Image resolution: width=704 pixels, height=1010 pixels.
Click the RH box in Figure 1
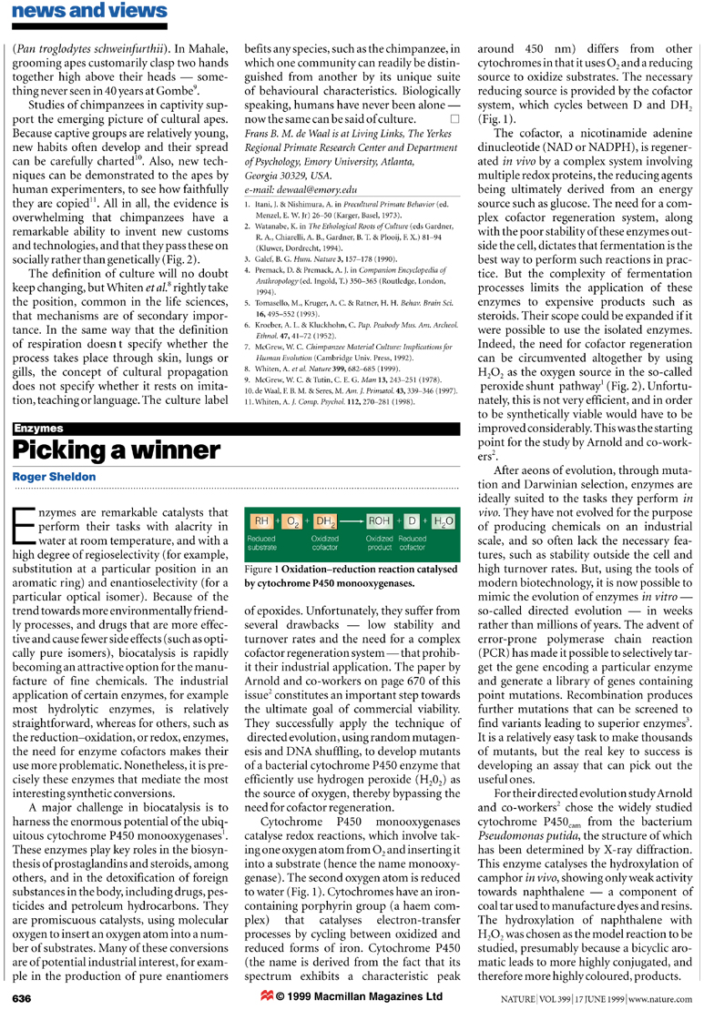260,521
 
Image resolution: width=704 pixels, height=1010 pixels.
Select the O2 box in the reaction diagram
291,521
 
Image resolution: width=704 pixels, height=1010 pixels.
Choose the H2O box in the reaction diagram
443,521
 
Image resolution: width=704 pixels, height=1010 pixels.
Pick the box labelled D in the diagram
412,521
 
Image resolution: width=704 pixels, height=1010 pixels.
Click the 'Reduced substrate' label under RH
265,543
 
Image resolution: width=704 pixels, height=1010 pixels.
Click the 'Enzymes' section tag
37,426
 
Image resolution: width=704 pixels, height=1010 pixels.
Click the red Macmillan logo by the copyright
267,996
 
